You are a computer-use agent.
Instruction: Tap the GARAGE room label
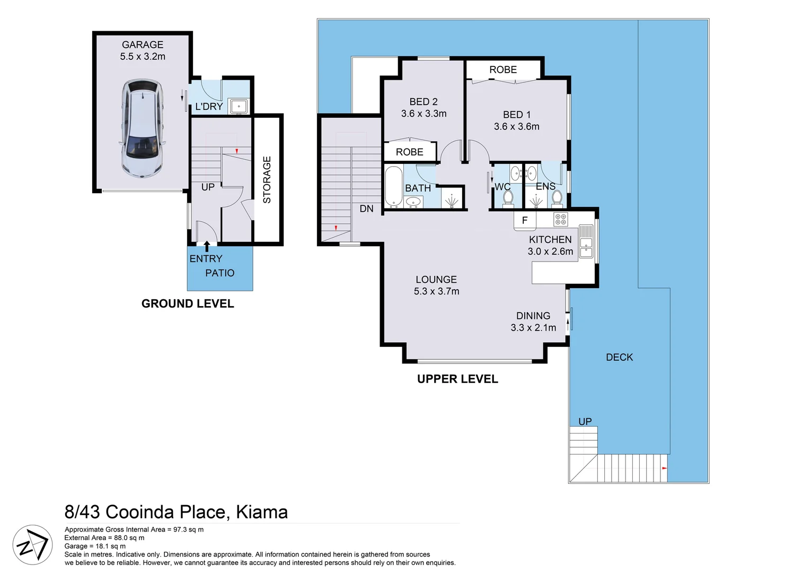pyautogui.click(x=143, y=45)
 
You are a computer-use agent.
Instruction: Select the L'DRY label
pyautogui.click(x=209, y=107)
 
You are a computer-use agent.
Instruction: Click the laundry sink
pyautogui.click(x=239, y=106)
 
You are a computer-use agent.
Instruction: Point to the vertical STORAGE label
pyautogui.click(x=267, y=179)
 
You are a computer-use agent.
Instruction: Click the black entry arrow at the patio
pyautogui.click(x=207, y=246)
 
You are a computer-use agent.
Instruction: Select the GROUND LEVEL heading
pyautogui.click(x=188, y=303)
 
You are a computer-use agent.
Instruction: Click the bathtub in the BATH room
pyautogui.click(x=393, y=186)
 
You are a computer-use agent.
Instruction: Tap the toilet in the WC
pyautogui.click(x=508, y=198)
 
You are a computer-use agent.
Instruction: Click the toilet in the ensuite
pyautogui.click(x=557, y=197)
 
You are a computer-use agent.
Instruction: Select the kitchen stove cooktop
pyautogui.click(x=560, y=219)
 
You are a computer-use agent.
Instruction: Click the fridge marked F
pyautogui.click(x=525, y=220)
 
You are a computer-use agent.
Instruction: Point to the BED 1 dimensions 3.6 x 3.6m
pyautogui.click(x=516, y=127)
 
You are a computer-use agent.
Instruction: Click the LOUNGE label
pyautogui.click(x=436, y=280)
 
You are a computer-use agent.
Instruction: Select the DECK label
pyautogui.click(x=619, y=358)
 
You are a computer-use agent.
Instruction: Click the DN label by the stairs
pyautogui.click(x=366, y=209)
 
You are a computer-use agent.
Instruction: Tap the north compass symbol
pyautogui.click(x=32, y=545)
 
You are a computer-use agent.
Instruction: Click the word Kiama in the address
pyautogui.click(x=261, y=512)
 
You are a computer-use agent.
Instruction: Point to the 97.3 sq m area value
pyautogui.click(x=188, y=529)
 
